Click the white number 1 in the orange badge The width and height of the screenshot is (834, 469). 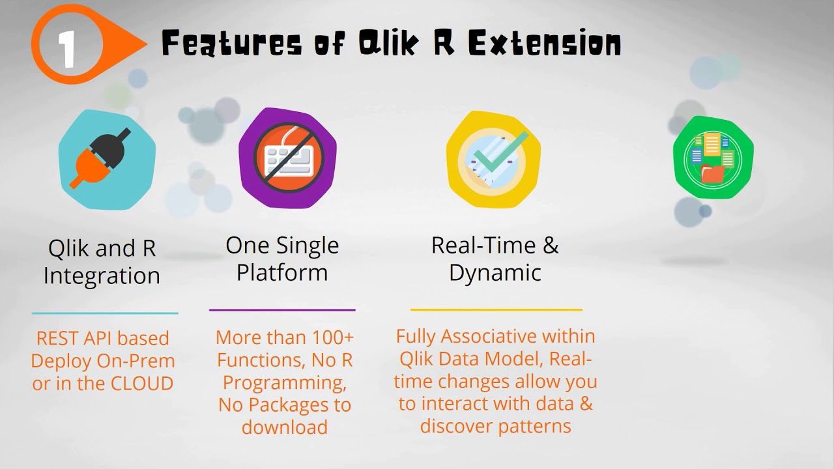point(67,50)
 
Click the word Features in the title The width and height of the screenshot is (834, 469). point(231,43)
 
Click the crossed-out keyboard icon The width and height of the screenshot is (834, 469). point(289,158)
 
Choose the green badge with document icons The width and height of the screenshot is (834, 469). point(713,158)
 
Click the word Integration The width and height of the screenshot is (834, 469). point(102,276)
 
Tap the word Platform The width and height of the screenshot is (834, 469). point(282,272)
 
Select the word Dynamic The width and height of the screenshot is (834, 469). point(495,273)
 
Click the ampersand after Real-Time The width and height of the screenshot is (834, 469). point(551,245)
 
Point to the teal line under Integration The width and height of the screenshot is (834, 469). point(105,313)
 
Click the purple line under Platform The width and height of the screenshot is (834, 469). point(282,309)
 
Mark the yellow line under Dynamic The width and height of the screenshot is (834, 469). point(496,309)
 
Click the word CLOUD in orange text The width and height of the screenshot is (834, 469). point(142,384)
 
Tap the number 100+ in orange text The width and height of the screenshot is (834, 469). point(332,337)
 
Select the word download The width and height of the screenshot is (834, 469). point(285,427)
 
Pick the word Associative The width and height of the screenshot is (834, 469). point(489,336)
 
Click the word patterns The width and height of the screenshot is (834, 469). point(534,427)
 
